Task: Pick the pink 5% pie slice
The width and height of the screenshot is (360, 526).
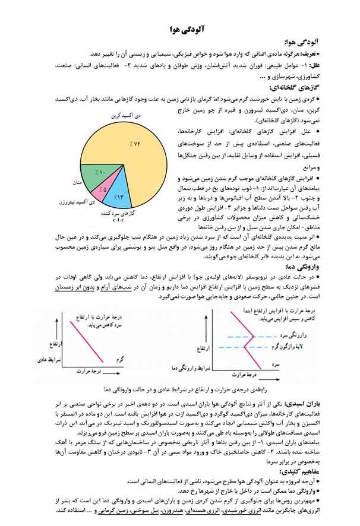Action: [103, 189]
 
